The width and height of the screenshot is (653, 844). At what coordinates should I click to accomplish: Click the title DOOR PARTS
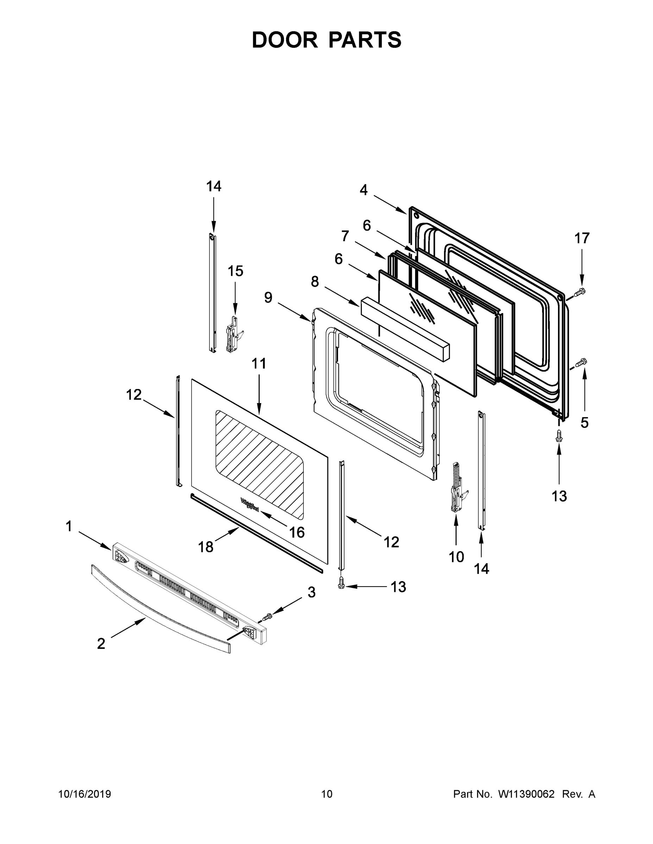(x=327, y=40)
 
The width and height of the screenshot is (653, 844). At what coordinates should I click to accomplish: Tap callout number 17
(x=582, y=238)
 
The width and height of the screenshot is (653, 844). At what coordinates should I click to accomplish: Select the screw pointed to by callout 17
(x=579, y=293)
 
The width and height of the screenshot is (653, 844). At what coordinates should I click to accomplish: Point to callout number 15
(x=235, y=271)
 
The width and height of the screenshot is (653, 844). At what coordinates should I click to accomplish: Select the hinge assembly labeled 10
(x=457, y=488)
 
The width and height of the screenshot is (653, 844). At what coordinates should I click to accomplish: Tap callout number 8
(x=315, y=282)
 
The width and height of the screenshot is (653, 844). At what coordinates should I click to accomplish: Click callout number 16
(x=297, y=532)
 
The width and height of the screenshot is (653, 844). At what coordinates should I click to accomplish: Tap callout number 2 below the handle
(x=101, y=644)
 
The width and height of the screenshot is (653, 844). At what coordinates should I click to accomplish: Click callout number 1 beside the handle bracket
(x=69, y=526)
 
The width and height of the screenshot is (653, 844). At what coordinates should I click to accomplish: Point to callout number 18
(x=206, y=547)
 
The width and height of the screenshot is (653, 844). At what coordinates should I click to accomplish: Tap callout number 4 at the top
(x=363, y=190)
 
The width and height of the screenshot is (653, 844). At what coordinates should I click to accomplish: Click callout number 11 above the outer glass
(x=259, y=364)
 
